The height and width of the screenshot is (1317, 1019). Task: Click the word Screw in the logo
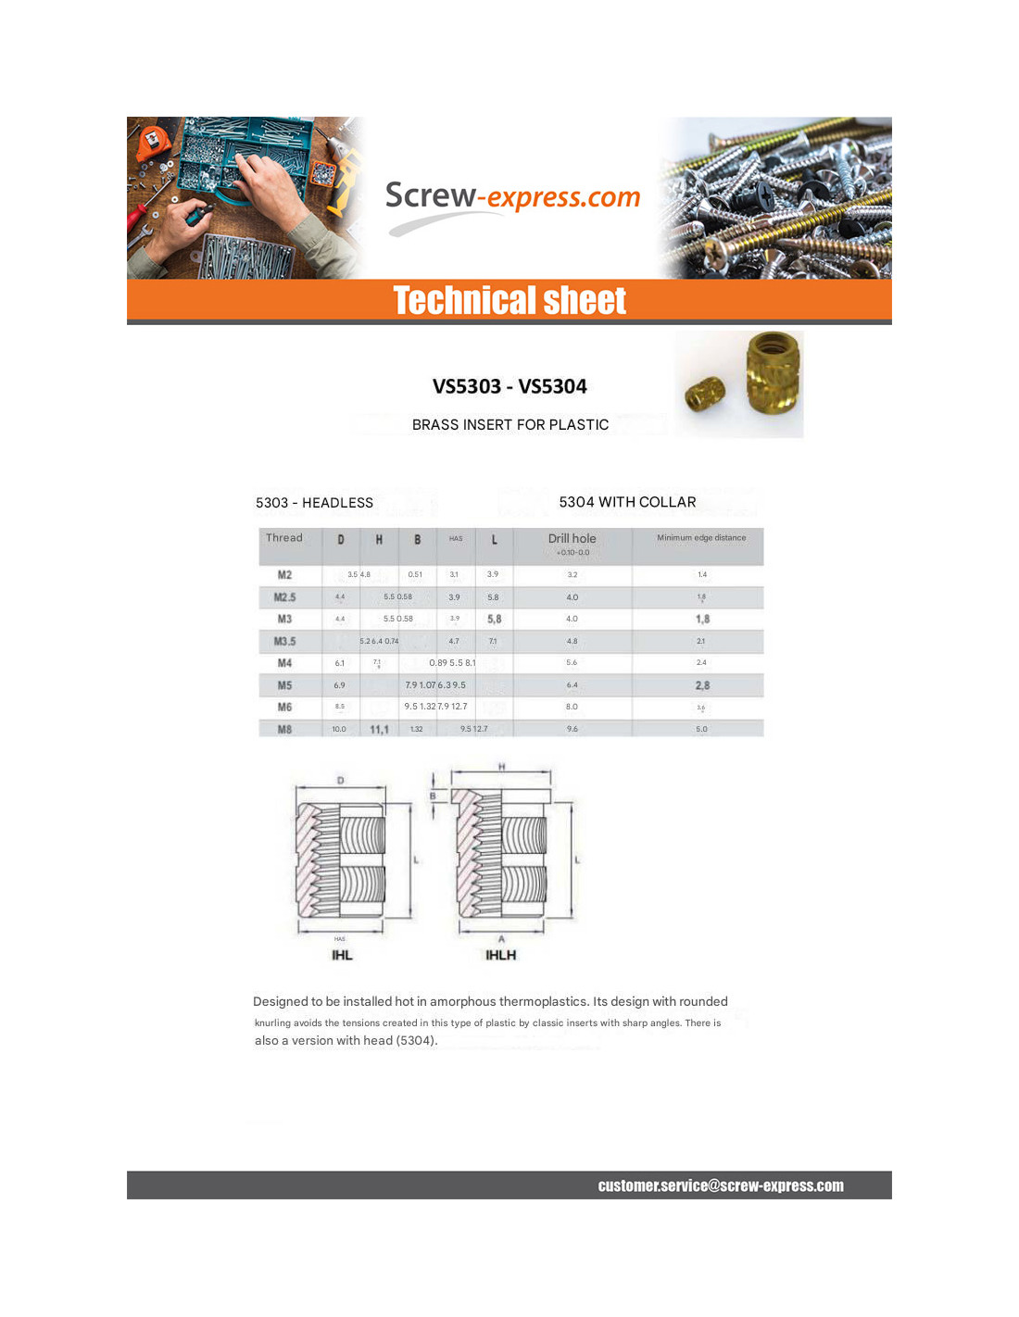tap(430, 195)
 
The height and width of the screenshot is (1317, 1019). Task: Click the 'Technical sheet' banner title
tap(509, 301)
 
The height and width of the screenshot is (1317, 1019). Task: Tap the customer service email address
tap(721, 1185)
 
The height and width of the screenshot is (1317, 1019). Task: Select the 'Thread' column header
tap(284, 538)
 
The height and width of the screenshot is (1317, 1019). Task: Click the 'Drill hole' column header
tap(572, 539)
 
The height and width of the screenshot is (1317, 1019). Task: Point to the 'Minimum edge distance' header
tap(701, 538)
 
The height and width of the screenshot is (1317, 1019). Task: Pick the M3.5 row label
tap(284, 641)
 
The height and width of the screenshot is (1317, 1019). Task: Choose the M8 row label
tap(284, 729)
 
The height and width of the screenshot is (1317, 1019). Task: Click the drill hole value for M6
tap(572, 707)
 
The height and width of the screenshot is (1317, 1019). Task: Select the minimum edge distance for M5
tap(702, 685)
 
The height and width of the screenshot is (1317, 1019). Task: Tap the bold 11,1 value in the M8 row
tap(379, 730)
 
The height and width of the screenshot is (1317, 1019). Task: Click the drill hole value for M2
tap(572, 575)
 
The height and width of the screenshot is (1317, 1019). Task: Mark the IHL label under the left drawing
tap(342, 955)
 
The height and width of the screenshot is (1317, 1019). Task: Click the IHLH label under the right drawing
tap(501, 955)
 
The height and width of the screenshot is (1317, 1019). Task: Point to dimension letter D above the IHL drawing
tap(340, 781)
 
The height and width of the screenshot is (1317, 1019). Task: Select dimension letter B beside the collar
tap(433, 796)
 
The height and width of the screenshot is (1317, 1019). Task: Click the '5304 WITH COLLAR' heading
tap(627, 502)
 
